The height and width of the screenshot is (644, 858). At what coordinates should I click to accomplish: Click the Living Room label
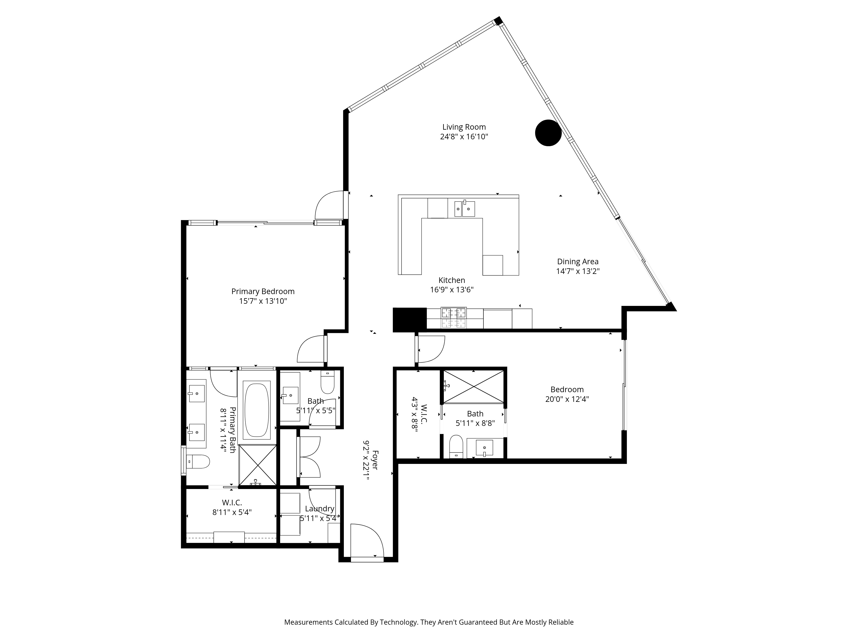(464, 127)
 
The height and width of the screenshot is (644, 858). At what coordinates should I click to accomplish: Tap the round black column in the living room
(548, 133)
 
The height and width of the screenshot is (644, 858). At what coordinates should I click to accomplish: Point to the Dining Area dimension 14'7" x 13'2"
(578, 271)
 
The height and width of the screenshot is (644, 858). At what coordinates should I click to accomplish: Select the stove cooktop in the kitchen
(453, 318)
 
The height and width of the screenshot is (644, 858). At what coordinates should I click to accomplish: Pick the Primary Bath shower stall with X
(258, 465)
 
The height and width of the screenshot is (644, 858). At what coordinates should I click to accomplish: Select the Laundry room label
(319, 509)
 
